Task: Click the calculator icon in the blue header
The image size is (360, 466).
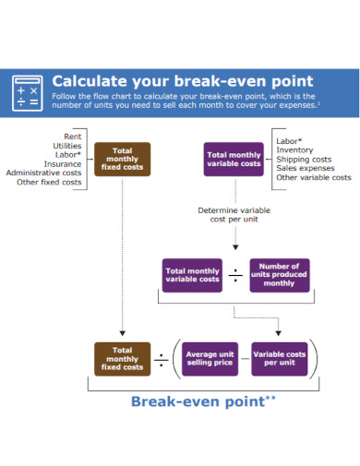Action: (26, 92)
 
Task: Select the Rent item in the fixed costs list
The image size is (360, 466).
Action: (70, 137)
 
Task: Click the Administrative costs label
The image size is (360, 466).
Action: (43, 173)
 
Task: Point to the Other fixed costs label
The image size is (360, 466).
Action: (49, 182)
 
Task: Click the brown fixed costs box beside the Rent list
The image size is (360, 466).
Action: (122, 159)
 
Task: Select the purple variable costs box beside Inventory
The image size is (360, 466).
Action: (233, 159)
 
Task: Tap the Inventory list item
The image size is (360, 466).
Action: (295, 149)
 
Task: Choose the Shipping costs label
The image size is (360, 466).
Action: (304, 159)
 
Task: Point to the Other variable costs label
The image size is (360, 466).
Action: (313, 177)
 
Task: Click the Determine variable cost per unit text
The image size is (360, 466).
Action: (234, 215)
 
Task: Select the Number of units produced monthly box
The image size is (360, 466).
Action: (279, 274)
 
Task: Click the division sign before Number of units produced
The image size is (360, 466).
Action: (235, 274)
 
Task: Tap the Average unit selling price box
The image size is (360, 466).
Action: (210, 358)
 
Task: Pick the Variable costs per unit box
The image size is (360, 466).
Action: (279, 358)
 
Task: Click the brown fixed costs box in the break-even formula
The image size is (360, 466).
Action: (122, 358)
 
